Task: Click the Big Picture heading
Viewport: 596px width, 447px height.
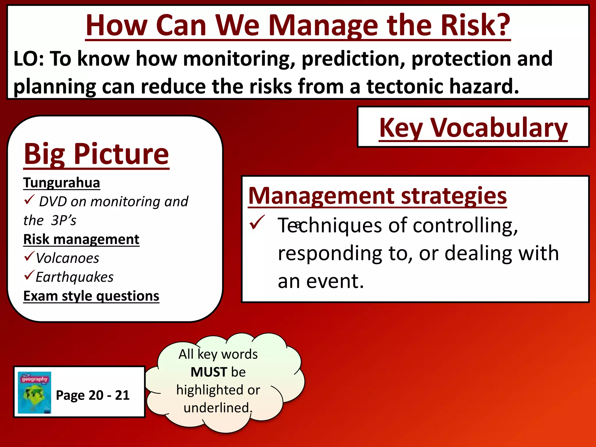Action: (96, 154)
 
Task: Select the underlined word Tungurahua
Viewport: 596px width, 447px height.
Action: (62, 183)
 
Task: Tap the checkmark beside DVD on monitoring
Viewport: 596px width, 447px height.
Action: (29, 200)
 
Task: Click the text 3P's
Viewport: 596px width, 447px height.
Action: (63, 220)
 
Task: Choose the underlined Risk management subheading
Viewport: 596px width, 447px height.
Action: (81, 239)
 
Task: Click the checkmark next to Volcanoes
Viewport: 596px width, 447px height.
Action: (29, 256)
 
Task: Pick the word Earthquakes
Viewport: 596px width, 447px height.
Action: (74, 277)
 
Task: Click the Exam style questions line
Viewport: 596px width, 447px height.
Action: (91, 296)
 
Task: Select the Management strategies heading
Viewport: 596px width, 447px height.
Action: (377, 196)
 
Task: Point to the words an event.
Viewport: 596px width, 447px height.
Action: (321, 281)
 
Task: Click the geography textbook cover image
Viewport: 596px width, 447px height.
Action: (34, 392)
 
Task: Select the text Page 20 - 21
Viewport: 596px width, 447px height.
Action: (93, 395)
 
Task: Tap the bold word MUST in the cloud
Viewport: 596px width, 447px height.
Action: (209, 372)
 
